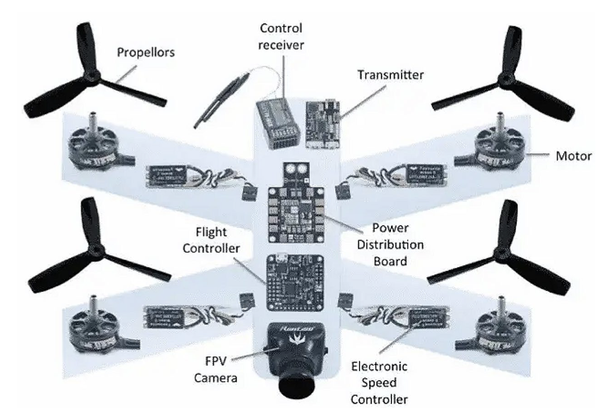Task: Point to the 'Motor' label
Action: point(572,156)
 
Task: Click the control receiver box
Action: point(276,123)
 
